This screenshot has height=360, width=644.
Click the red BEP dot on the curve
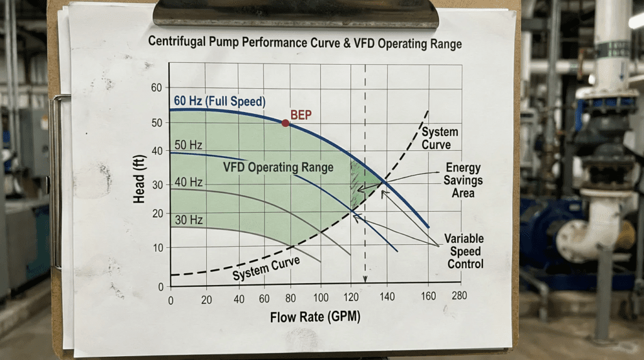click(x=286, y=123)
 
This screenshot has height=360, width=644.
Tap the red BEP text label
click(x=301, y=115)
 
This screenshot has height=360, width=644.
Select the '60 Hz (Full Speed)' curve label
click(x=218, y=101)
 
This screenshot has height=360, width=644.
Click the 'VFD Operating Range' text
click(x=278, y=167)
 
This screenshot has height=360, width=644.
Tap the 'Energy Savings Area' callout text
click(x=464, y=180)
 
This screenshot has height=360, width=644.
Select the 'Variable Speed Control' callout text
click(x=464, y=251)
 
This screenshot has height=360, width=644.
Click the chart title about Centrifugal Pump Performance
click(x=304, y=44)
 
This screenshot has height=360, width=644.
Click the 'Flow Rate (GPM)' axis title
click(x=316, y=317)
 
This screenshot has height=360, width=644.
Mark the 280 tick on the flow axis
click(x=459, y=295)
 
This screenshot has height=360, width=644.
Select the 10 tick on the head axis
click(x=157, y=248)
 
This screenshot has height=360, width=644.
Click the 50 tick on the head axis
click(x=156, y=123)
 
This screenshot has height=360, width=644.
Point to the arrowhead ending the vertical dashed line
click(x=365, y=282)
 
